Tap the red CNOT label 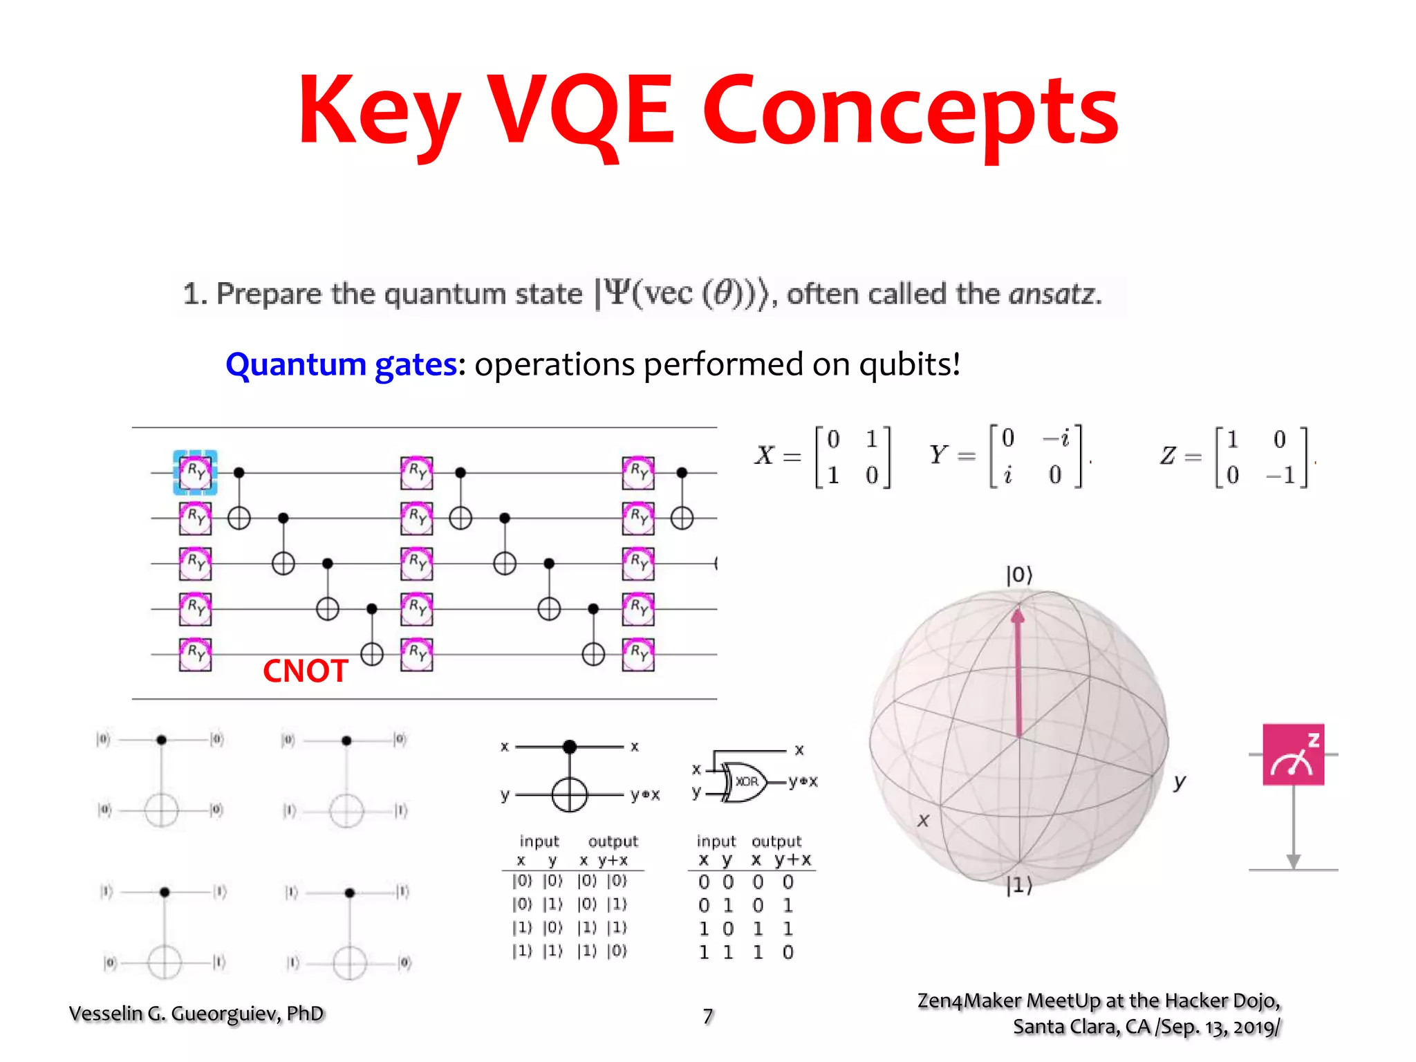pyautogui.click(x=305, y=671)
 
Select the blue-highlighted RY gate pyautogui.click(x=195, y=472)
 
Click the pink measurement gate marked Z pyautogui.click(x=1293, y=754)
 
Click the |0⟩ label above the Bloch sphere pyautogui.click(x=1019, y=575)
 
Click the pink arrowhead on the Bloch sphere pyautogui.click(x=1018, y=615)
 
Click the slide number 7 pyautogui.click(x=708, y=1016)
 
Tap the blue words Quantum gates pyautogui.click(x=341, y=364)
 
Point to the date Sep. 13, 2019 pyautogui.click(x=1220, y=1027)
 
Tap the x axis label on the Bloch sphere pyautogui.click(x=923, y=821)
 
